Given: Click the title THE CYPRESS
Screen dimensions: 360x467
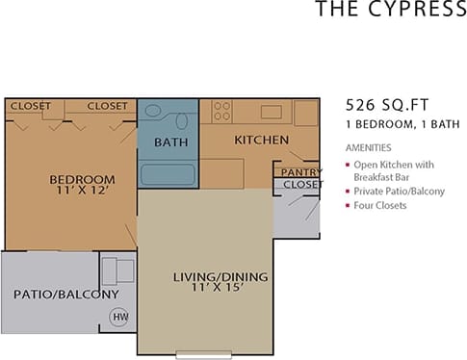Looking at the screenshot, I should click(390, 12).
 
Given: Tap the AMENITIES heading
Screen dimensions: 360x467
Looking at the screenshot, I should click(368, 148).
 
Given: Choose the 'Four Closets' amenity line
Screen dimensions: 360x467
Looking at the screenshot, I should click(380, 205).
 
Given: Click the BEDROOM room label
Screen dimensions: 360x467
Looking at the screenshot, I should click(82, 179).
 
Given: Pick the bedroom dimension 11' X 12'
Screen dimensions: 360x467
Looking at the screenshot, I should click(82, 193).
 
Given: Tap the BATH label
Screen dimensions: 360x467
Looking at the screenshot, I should click(169, 143).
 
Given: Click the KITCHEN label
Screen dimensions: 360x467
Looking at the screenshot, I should click(262, 140).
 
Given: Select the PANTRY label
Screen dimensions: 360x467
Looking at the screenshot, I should click(296, 172).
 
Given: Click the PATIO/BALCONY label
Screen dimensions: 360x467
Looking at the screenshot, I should click(65, 294).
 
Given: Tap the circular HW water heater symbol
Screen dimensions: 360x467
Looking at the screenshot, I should click(120, 316).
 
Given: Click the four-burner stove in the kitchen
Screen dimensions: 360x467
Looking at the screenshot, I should click(222, 110).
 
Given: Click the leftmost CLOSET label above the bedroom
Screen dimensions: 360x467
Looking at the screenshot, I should click(31, 106).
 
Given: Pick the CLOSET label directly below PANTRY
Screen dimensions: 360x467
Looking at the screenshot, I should click(302, 184).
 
